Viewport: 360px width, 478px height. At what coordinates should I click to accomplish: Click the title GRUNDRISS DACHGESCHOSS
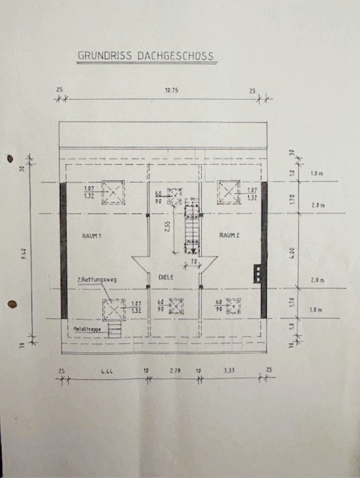tap(146, 55)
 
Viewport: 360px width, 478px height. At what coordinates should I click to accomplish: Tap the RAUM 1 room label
tap(91, 236)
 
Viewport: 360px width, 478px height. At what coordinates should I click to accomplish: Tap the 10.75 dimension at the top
tap(171, 91)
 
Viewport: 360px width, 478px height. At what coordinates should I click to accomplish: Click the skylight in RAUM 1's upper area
tap(114, 192)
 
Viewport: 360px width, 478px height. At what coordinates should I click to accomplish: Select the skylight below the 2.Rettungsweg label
tap(114, 310)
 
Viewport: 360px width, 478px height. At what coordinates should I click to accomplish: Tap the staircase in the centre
tap(192, 227)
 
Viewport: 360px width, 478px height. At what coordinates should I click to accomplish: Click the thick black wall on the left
tap(63, 250)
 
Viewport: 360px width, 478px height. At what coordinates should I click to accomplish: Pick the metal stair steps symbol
tap(114, 329)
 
